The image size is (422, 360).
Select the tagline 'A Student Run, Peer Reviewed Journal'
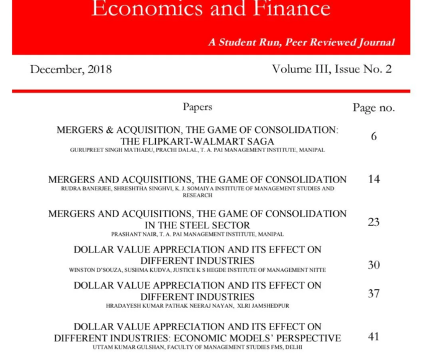pyautogui.click(x=301, y=43)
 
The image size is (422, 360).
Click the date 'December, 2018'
pyautogui.click(x=71, y=69)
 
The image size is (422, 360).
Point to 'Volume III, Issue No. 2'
pyautogui.click(x=331, y=69)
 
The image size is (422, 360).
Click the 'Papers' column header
pyautogui.click(x=197, y=107)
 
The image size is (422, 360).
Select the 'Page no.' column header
pyautogui.click(x=374, y=107)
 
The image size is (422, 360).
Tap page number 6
pyautogui.click(x=374, y=136)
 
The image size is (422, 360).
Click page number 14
pyautogui.click(x=374, y=179)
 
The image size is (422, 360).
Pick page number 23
pyautogui.click(x=374, y=222)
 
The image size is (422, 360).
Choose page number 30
pyautogui.click(x=374, y=264)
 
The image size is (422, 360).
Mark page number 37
pyautogui.click(x=374, y=293)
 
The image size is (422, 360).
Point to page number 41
pyautogui.click(x=374, y=336)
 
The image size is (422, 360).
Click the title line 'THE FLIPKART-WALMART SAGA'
pyautogui.click(x=197, y=141)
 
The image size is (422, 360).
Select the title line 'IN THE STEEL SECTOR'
pyautogui.click(x=197, y=225)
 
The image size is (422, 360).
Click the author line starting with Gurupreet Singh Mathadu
pyautogui.click(x=197, y=150)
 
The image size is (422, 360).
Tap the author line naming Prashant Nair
pyautogui.click(x=197, y=235)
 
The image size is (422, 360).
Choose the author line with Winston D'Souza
pyautogui.click(x=197, y=270)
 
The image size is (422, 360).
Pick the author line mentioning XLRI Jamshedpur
pyautogui.click(x=197, y=306)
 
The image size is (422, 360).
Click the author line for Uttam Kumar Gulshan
pyautogui.click(x=197, y=348)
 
